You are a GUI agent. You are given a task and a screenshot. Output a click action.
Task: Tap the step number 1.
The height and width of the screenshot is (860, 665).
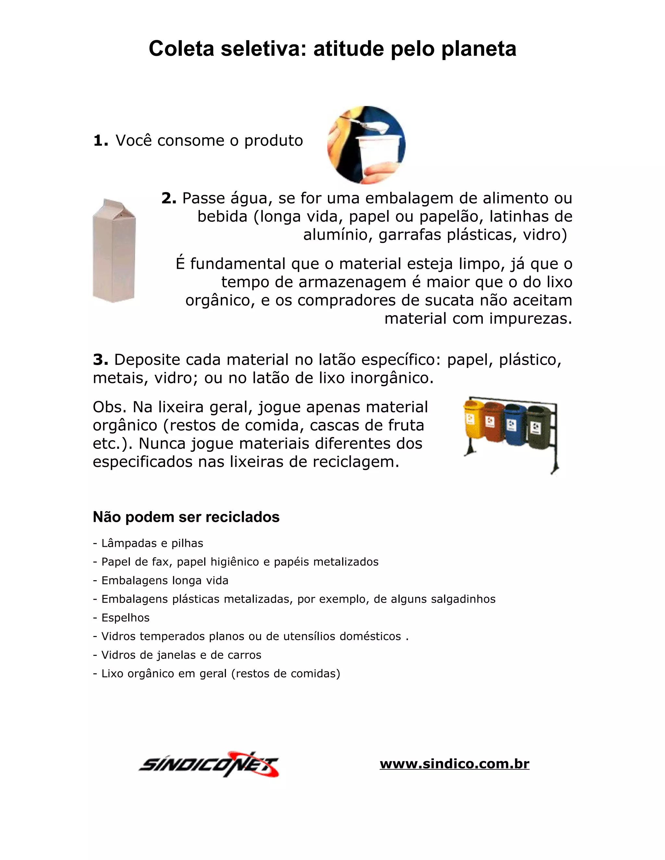(100, 141)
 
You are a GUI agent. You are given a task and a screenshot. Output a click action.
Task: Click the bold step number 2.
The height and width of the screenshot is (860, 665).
(169, 198)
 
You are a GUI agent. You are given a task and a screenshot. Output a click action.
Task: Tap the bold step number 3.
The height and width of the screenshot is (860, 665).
(100, 360)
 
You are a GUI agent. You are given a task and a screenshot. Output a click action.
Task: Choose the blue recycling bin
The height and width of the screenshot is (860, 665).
(514, 424)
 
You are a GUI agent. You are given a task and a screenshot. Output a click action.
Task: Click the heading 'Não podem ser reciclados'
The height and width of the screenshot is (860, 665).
(186, 517)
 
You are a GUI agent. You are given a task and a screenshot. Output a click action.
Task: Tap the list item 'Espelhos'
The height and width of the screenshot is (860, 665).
(125, 618)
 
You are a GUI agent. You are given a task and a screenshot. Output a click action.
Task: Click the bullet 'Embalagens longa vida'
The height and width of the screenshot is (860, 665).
(165, 581)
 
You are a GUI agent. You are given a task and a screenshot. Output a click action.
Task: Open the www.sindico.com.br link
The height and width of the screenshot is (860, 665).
(454, 764)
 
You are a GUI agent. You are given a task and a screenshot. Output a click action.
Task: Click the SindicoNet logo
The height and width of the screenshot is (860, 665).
(209, 764)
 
